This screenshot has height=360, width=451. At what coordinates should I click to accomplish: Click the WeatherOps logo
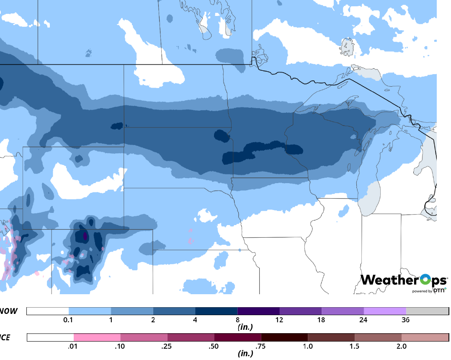(x=403, y=280)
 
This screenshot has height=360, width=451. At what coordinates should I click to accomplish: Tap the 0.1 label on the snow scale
(x=69, y=320)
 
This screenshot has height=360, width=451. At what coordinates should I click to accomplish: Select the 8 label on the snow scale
(x=237, y=320)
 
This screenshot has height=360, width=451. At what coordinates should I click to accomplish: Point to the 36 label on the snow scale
(x=405, y=320)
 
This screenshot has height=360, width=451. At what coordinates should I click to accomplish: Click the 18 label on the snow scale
(x=321, y=320)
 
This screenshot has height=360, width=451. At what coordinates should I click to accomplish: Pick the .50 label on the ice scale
(x=214, y=346)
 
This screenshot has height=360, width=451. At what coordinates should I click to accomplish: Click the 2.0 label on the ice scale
(x=401, y=346)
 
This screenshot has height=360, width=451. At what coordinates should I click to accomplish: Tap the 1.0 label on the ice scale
(x=308, y=346)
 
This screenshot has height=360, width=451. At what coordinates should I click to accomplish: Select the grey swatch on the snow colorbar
(x=427, y=311)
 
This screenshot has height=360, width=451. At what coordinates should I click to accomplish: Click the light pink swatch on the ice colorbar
(x=97, y=337)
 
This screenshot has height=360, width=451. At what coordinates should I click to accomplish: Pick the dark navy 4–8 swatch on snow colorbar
(x=216, y=311)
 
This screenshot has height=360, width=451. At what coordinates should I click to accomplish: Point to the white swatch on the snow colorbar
(x=47, y=311)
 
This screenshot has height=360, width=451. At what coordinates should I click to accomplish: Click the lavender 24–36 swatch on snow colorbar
(x=384, y=311)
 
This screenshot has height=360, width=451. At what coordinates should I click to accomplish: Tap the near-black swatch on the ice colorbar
(x=284, y=337)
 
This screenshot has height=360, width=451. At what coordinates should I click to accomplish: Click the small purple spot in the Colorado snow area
(x=85, y=236)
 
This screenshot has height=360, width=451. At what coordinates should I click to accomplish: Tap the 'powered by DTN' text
(x=429, y=290)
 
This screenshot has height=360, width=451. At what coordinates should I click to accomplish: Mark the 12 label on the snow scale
(x=279, y=320)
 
